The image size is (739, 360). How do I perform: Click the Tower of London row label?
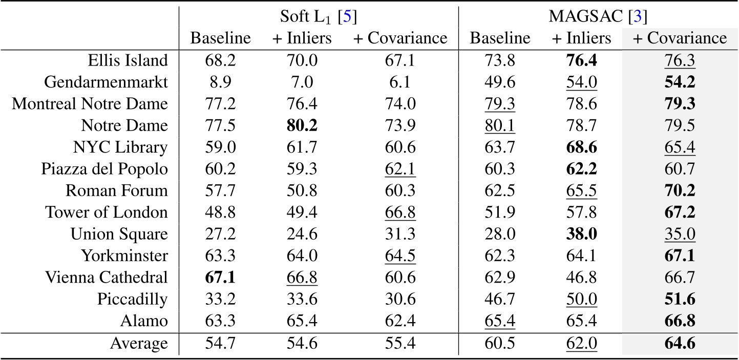click(x=106, y=212)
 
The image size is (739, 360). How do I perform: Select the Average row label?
click(x=138, y=344)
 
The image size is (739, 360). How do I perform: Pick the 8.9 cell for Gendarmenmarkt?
click(x=221, y=82)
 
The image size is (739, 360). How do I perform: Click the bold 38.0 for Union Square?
click(x=582, y=234)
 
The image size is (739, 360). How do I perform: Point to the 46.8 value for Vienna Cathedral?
click(x=582, y=277)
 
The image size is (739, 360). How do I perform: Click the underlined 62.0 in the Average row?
click(x=582, y=344)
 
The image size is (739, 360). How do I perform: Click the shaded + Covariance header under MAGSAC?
click(x=679, y=38)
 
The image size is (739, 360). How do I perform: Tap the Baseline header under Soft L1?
click(x=221, y=38)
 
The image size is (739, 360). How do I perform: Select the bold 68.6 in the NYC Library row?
click(x=582, y=147)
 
